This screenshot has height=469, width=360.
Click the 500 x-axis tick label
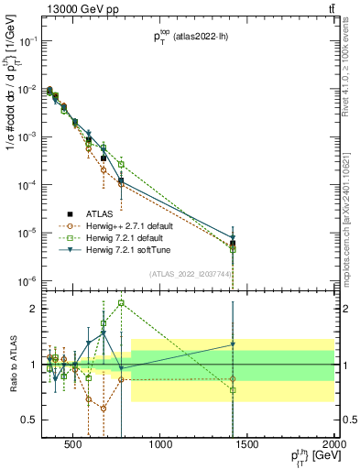pos(73,446)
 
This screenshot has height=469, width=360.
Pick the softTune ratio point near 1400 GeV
pos(233,344)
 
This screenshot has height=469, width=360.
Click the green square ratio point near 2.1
pos(121,302)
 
